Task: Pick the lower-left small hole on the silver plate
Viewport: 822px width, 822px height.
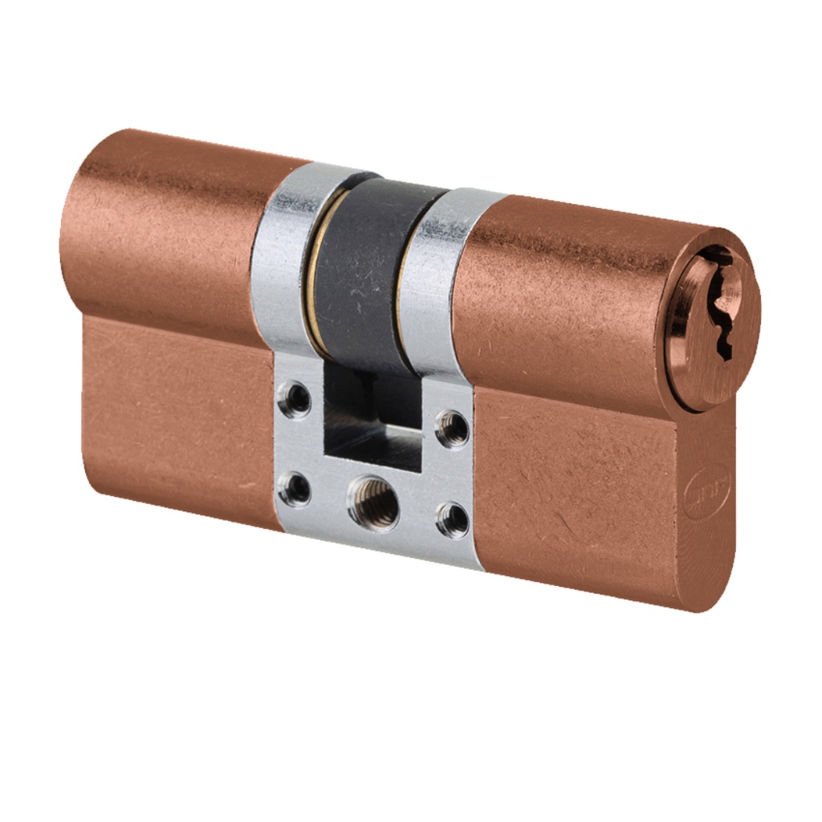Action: pyautogui.click(x=294, y=489)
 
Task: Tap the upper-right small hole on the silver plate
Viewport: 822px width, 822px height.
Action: pyautogui.click(x=453, y=428)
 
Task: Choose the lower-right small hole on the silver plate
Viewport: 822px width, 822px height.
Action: pyautogui.click(x=452, y=519)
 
